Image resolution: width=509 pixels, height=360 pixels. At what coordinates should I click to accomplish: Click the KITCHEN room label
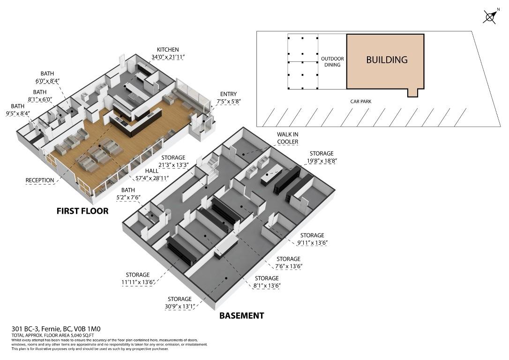[168, 50]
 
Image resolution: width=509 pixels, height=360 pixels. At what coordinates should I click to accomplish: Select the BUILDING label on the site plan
[387, 60]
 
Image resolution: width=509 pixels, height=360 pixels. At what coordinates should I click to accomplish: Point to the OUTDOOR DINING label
[332, 62]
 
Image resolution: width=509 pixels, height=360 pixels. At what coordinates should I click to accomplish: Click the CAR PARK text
[360, 101]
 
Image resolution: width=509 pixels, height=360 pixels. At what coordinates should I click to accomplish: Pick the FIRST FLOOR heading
[82, 211]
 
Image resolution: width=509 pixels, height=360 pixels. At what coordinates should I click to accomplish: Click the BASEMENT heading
[241, 315]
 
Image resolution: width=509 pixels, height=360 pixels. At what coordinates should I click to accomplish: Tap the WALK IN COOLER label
[288, 138]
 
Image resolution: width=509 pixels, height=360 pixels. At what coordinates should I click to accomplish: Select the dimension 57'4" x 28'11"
[150, 178]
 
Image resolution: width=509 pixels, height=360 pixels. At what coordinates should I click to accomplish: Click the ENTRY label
[229, 94]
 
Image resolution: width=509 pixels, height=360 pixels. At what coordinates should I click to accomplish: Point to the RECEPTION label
[40, 180]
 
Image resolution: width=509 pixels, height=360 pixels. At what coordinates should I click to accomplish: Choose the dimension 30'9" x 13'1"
[180, 306]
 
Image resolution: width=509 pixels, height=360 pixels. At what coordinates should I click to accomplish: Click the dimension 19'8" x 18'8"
[322, 161]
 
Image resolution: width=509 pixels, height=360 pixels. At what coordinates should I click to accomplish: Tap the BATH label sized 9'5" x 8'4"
[17, 106]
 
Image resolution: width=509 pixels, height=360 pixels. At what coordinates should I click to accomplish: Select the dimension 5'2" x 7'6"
[128, 197]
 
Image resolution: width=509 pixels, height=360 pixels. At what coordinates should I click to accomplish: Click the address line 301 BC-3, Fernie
[56, 329]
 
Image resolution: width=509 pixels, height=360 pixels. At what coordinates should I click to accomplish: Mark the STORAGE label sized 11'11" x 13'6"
[138, 275]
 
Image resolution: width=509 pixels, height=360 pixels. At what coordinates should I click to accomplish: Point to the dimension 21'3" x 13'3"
[173, 165]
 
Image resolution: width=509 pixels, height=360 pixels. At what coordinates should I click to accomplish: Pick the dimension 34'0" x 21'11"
[168, 57]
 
